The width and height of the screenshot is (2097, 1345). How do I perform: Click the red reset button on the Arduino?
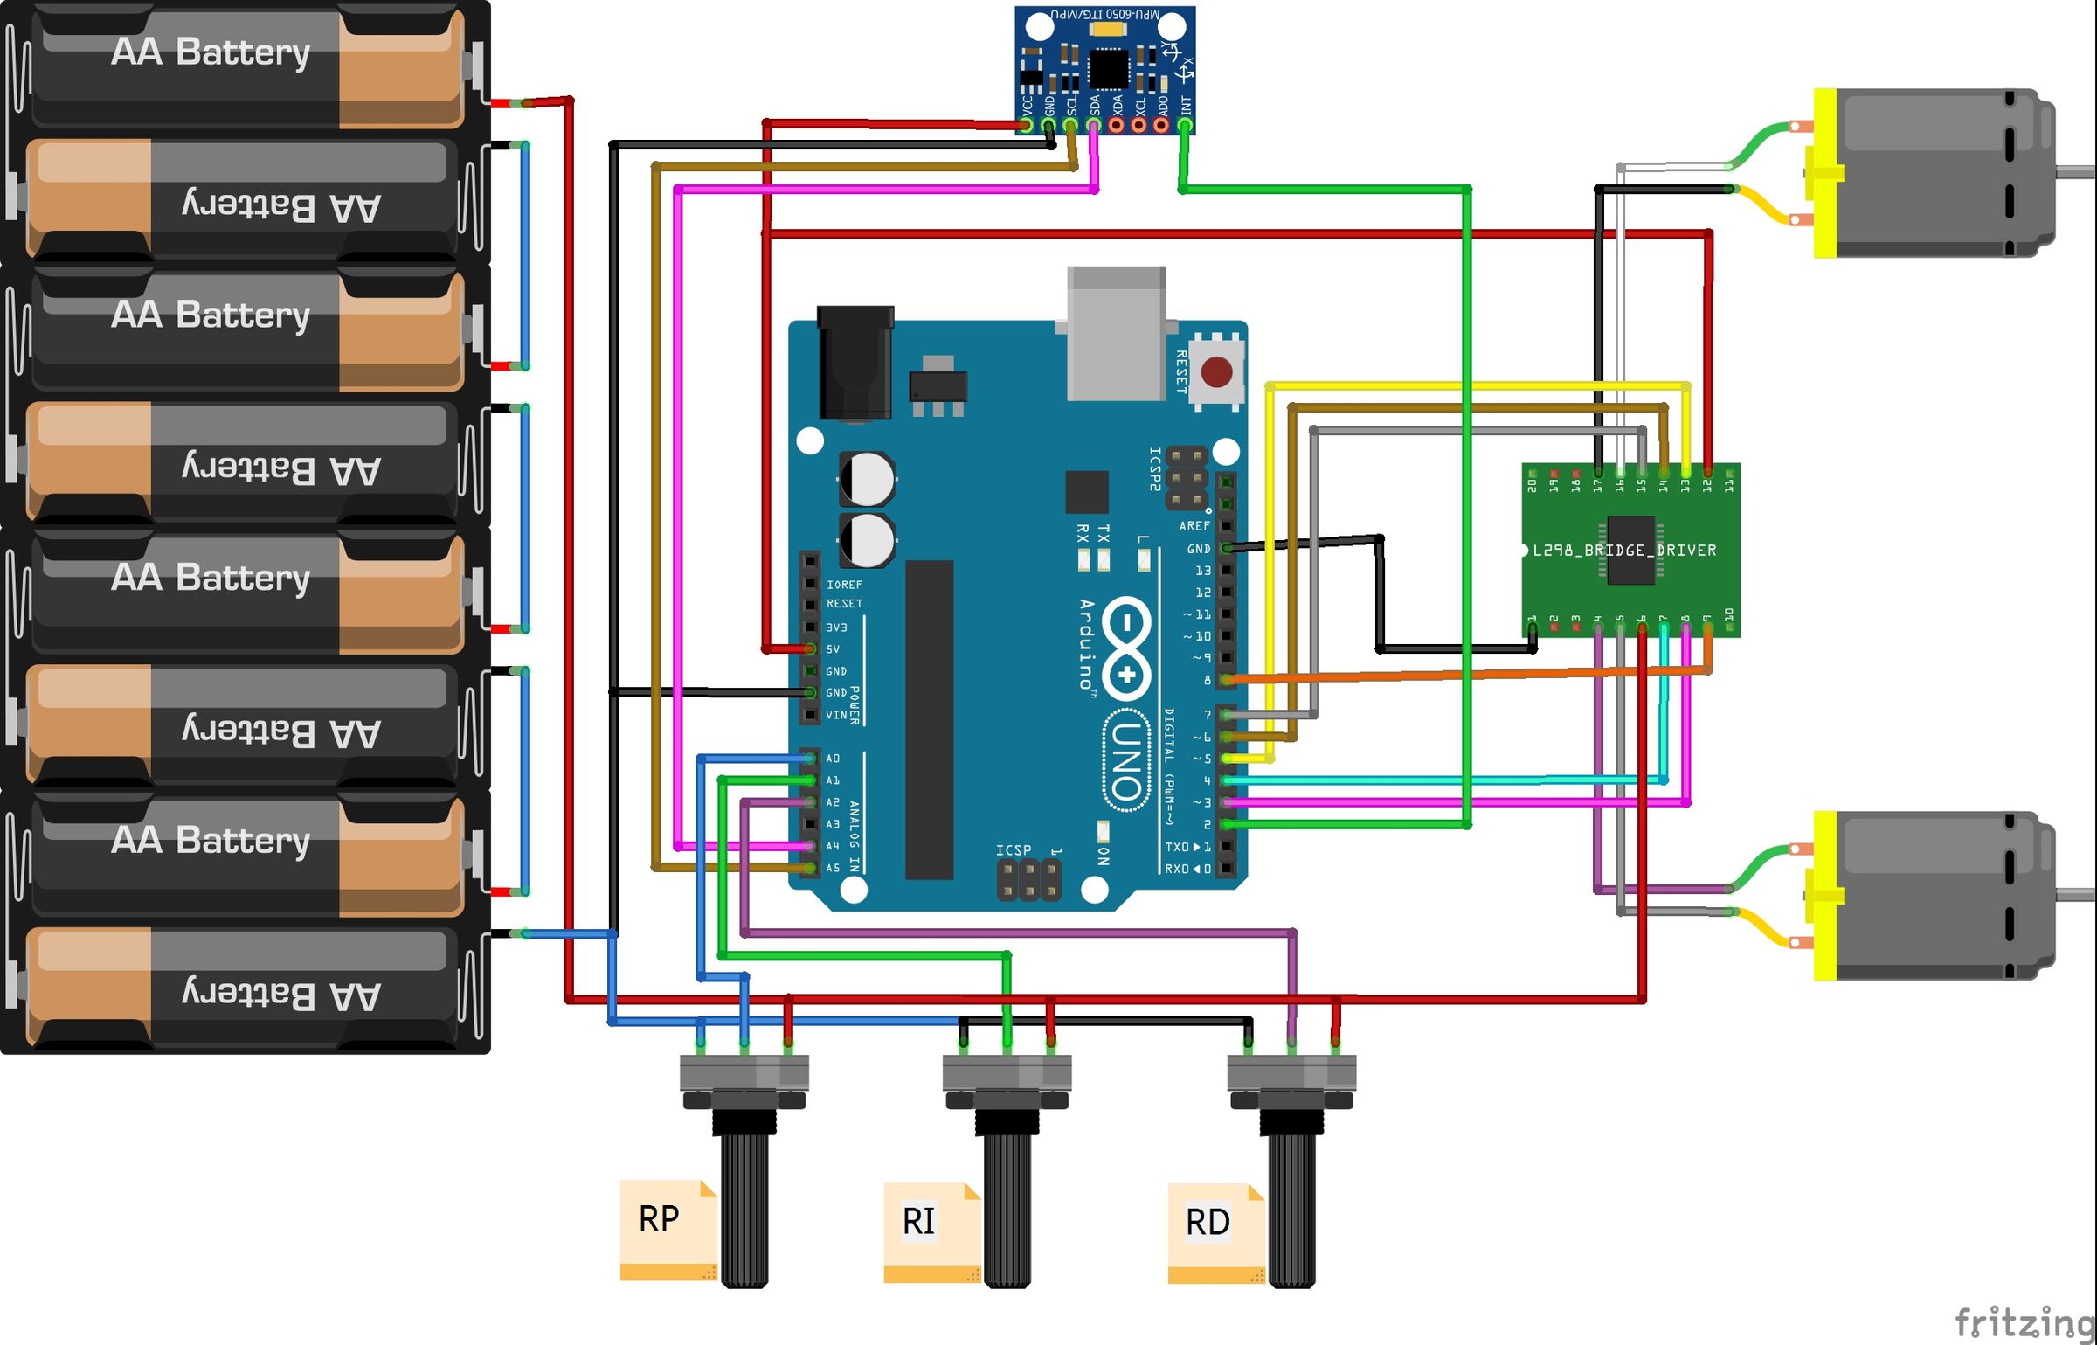[1216, 372]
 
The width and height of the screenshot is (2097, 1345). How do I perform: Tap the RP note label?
[659, 1219]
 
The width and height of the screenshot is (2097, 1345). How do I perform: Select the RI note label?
[919, 1221]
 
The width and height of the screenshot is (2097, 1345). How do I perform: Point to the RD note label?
[1208, 1222]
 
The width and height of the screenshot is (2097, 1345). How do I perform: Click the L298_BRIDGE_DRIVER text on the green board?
[1624, 551]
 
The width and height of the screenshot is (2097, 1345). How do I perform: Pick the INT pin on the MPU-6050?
[1185, 124]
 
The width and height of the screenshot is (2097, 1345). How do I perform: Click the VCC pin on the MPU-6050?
[1027, 124]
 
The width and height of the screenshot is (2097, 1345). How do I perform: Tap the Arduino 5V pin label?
[833, 649]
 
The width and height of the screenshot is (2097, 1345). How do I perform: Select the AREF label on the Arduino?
[1194, 526]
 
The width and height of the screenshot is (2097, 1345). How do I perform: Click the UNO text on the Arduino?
[1126, 761]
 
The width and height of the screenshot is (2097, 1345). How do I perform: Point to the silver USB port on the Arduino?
[1117, 333]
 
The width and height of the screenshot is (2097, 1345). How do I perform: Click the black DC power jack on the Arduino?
[855, 362]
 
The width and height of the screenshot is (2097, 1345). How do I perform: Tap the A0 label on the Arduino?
[833, 759]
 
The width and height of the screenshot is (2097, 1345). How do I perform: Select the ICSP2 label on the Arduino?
[1155, 469]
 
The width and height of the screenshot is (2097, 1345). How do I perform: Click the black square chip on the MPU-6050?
[1108, 69]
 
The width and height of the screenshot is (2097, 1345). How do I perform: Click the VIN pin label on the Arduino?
[836, 715]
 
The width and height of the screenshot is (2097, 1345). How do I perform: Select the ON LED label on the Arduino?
[1104, 855]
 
